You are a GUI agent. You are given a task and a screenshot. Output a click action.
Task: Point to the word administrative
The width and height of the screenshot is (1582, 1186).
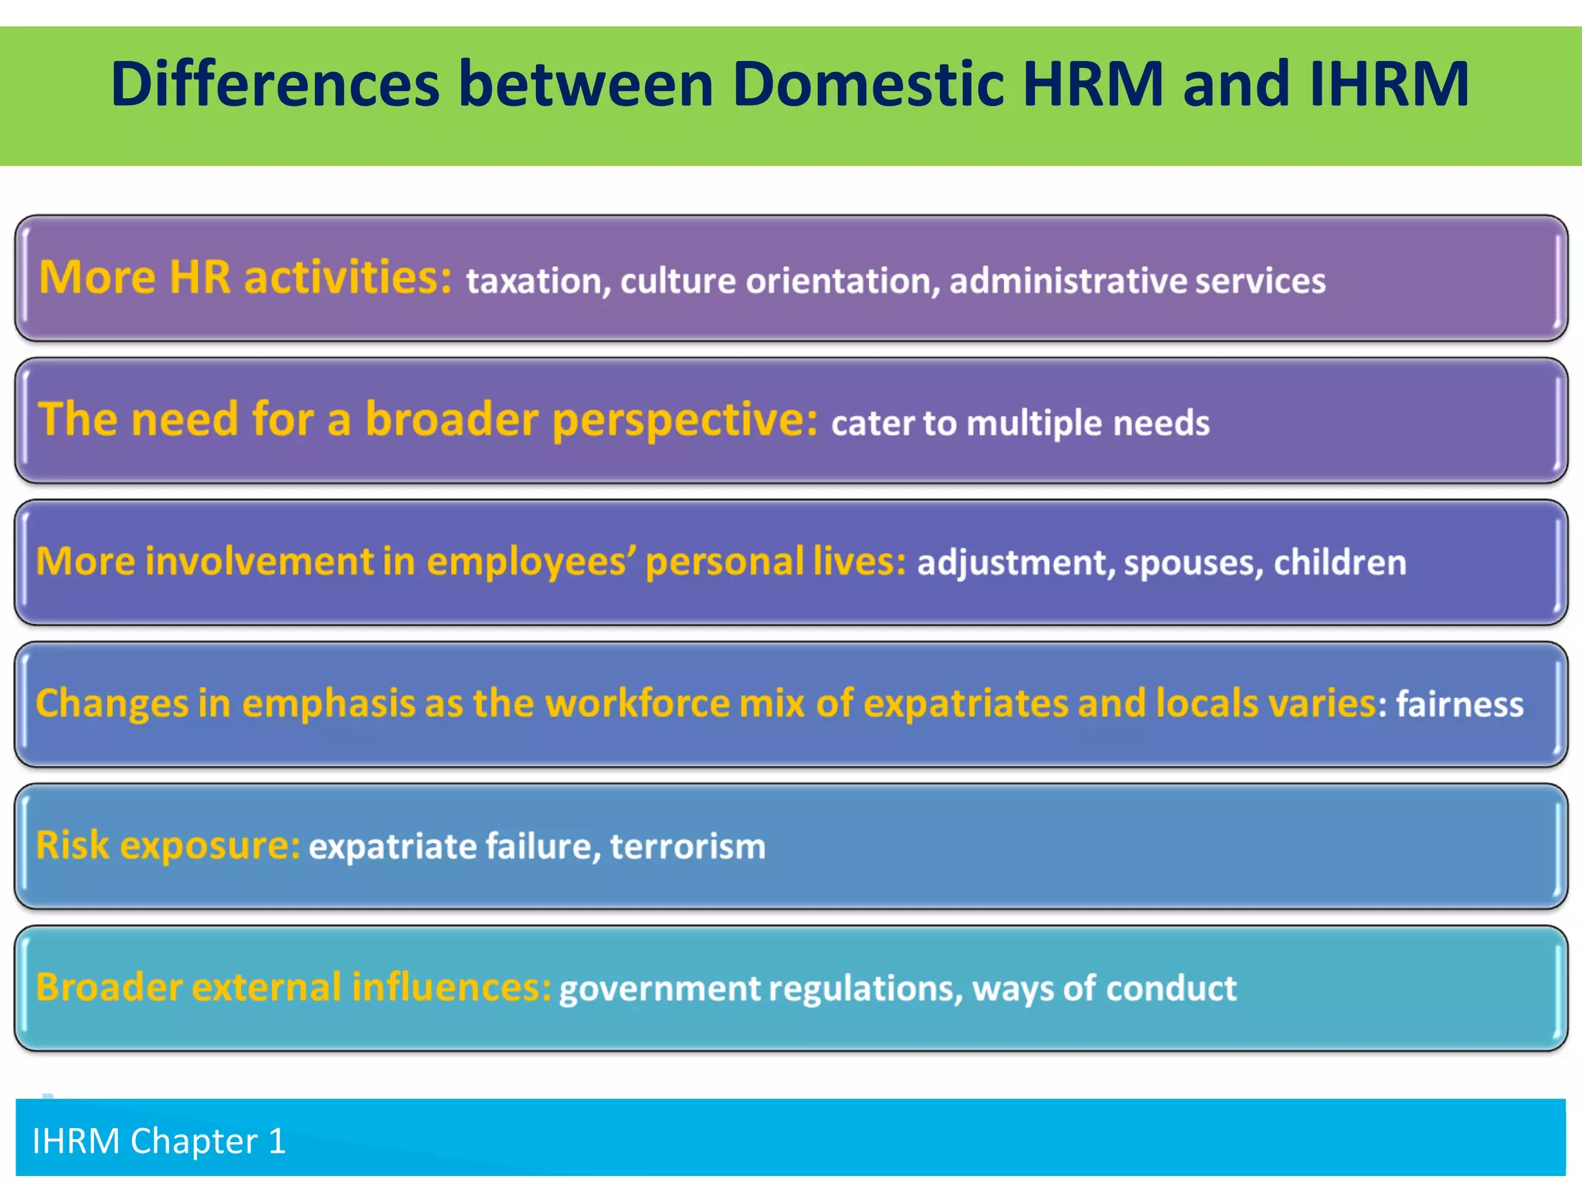click(1068, 281)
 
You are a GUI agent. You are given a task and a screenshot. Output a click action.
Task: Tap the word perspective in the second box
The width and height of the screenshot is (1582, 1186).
click(684, 420)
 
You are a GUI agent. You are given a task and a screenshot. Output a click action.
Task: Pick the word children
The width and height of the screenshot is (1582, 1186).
click(1339, 562)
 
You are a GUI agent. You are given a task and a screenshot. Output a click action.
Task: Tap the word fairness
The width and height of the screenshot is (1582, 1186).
click(1459, 704)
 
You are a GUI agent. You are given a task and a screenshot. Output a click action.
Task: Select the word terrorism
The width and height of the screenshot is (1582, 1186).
click(687, 846)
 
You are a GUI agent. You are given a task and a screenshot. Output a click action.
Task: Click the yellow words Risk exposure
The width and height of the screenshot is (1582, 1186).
click(167, 845)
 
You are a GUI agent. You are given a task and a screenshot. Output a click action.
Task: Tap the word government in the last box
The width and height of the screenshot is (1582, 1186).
click(659, 989)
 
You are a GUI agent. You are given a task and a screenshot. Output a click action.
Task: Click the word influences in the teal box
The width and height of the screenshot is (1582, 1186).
click(451, 988)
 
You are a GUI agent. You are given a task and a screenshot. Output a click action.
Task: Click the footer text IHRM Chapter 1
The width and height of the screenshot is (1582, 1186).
click(158, 1141)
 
